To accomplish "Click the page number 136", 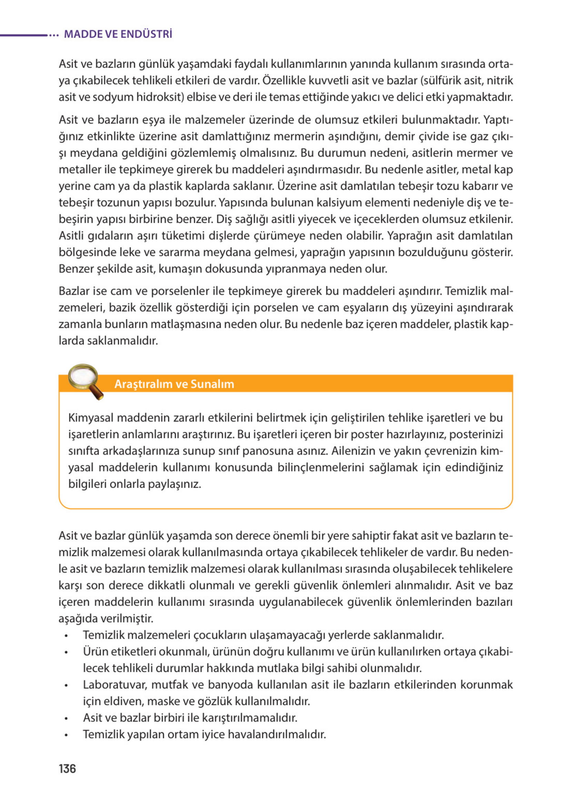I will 67,768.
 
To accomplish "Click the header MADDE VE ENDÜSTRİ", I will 118,34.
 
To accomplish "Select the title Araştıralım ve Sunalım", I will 174,383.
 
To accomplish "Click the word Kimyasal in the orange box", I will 91,418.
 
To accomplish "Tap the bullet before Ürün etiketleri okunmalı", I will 66,652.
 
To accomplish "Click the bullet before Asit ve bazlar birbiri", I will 66,718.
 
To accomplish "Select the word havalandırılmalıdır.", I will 277,734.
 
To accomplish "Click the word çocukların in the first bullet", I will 220,635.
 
